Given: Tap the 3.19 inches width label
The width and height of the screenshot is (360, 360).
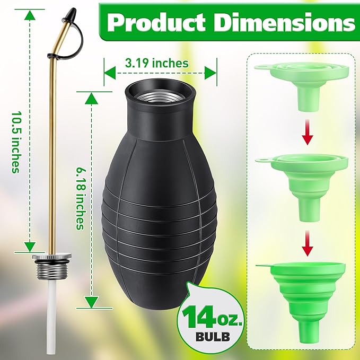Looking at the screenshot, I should [x=156, y=63].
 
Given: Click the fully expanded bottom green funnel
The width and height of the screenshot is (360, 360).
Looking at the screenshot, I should [x=300, y=297].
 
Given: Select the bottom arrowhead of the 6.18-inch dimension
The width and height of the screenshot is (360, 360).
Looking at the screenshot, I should [x=92, y=302].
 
